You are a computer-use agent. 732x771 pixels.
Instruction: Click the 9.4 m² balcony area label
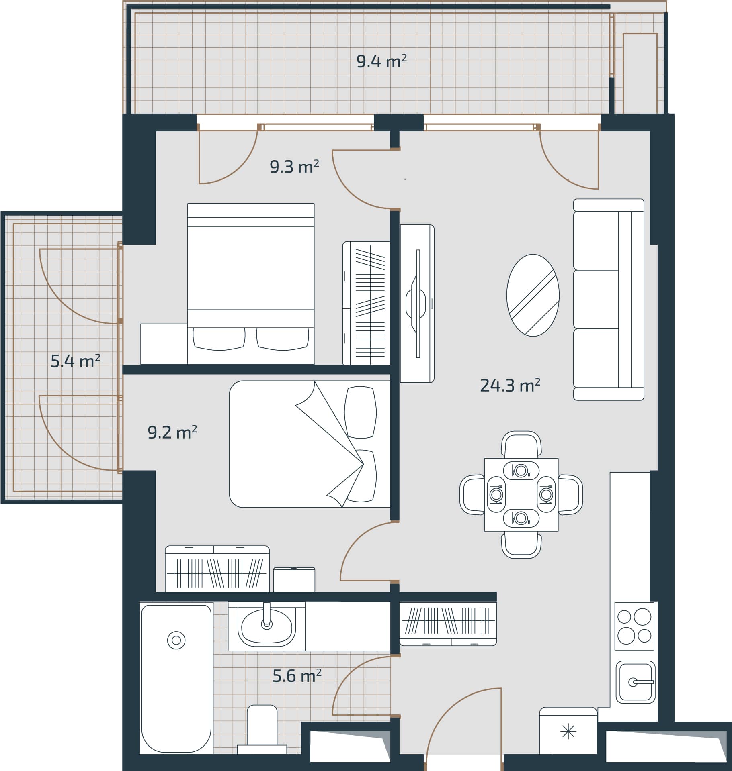(381, 61)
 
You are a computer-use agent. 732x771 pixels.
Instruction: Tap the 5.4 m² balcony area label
(75, 361)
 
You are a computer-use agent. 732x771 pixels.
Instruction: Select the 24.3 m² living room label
(510, 385)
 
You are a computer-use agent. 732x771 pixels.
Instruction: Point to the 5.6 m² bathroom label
(297, 676)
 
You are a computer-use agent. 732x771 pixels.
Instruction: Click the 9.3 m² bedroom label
(294, 167)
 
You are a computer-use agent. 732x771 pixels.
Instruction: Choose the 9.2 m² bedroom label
(172, 432)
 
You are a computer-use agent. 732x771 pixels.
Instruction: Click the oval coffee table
(533, 295)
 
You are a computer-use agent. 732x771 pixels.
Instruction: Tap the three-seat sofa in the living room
(608, 300)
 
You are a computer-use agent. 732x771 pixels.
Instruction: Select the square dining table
(521, 495)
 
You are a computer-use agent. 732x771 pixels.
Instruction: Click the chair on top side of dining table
(521, 445)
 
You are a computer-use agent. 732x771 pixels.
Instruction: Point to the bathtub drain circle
(176, 640)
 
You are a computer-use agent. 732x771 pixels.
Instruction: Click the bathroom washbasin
(266, 626)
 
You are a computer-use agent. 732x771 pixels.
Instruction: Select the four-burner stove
(634, 626)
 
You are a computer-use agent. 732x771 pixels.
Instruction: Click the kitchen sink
(635, 682)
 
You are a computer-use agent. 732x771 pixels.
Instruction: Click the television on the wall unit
(417, 304)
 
